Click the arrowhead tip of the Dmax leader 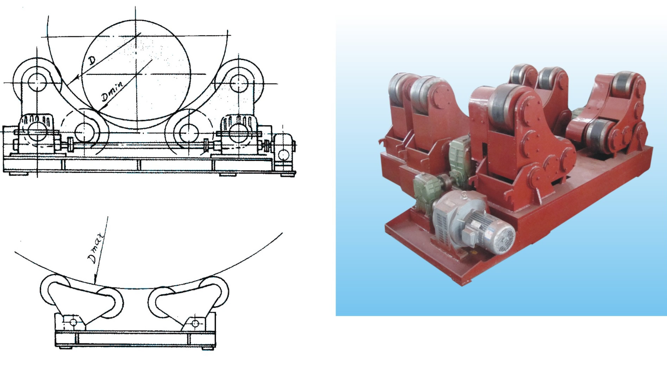pos(95,283)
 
